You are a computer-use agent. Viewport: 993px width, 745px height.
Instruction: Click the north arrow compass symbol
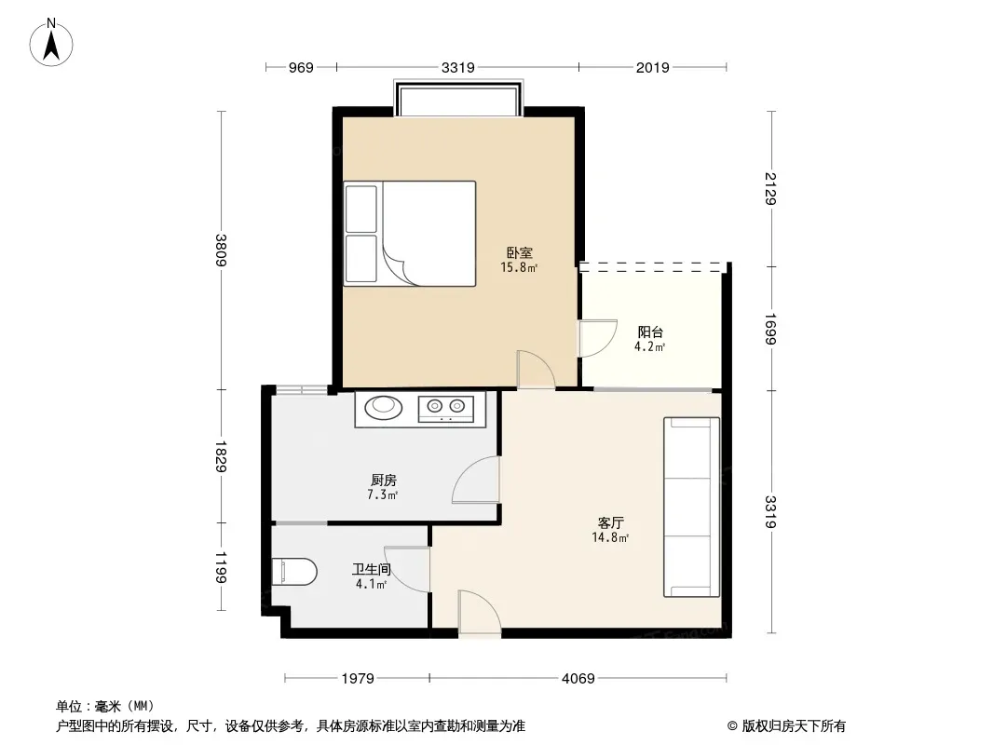tap(50, 43)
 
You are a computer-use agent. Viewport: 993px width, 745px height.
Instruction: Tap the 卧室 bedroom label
tap(519, 252)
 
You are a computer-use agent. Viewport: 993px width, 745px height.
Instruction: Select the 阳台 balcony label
tap(650, 332)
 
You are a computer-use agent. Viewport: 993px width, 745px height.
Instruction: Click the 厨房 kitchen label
tap(384, 481)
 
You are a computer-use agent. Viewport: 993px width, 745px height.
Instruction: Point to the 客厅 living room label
tap(611, 522)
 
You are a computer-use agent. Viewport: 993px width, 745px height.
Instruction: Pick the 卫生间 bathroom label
tap(371, 570)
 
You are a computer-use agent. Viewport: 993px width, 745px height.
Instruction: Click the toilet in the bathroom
tap(294, 572)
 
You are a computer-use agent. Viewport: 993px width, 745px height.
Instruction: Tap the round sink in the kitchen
tap(383, 406)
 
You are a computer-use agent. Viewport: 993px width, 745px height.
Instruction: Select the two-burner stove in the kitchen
tap(446, 408)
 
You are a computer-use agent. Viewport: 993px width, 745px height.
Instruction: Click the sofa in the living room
tap(691, 507)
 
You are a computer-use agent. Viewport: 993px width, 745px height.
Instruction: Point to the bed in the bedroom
tap(410, 234)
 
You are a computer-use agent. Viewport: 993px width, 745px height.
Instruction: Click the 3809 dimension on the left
tap(221, 250)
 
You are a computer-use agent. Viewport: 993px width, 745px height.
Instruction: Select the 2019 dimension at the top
tap(652, 67)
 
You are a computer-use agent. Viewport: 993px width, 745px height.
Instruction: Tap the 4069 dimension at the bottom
tap(578, 679)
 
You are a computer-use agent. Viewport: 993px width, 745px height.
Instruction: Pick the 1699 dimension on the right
tap(770, 329)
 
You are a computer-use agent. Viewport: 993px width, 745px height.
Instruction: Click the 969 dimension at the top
tap(301, 67)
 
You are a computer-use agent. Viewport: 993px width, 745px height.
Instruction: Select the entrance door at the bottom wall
tap(480, 614)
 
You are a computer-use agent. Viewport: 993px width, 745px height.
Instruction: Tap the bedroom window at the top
tap(459, 98)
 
